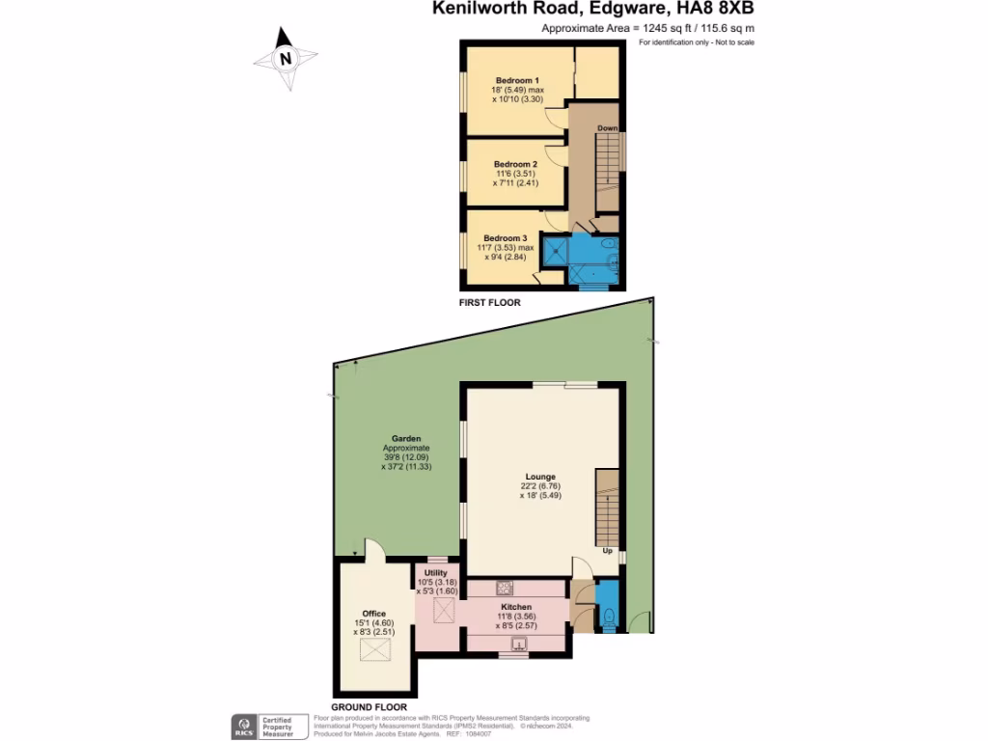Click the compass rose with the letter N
[x=285, y=59]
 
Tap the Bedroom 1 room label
[x=517, y=80]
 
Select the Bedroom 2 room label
[x=515, y=165]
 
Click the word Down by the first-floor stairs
[x=607, y=128]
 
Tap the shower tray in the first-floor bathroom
[x=555, y=251]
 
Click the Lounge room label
[x=540, y=476]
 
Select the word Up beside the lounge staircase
[x=608, y=551]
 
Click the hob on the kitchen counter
[x=504, y=588]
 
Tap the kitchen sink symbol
[x=519, y=645]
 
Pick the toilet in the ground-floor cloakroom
[x=608, y=618]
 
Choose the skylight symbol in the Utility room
[x=445, y=610]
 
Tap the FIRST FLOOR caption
[x=489, y=303]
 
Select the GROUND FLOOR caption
[x=369, y=707]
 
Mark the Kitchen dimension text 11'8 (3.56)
[x=516, y=616]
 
